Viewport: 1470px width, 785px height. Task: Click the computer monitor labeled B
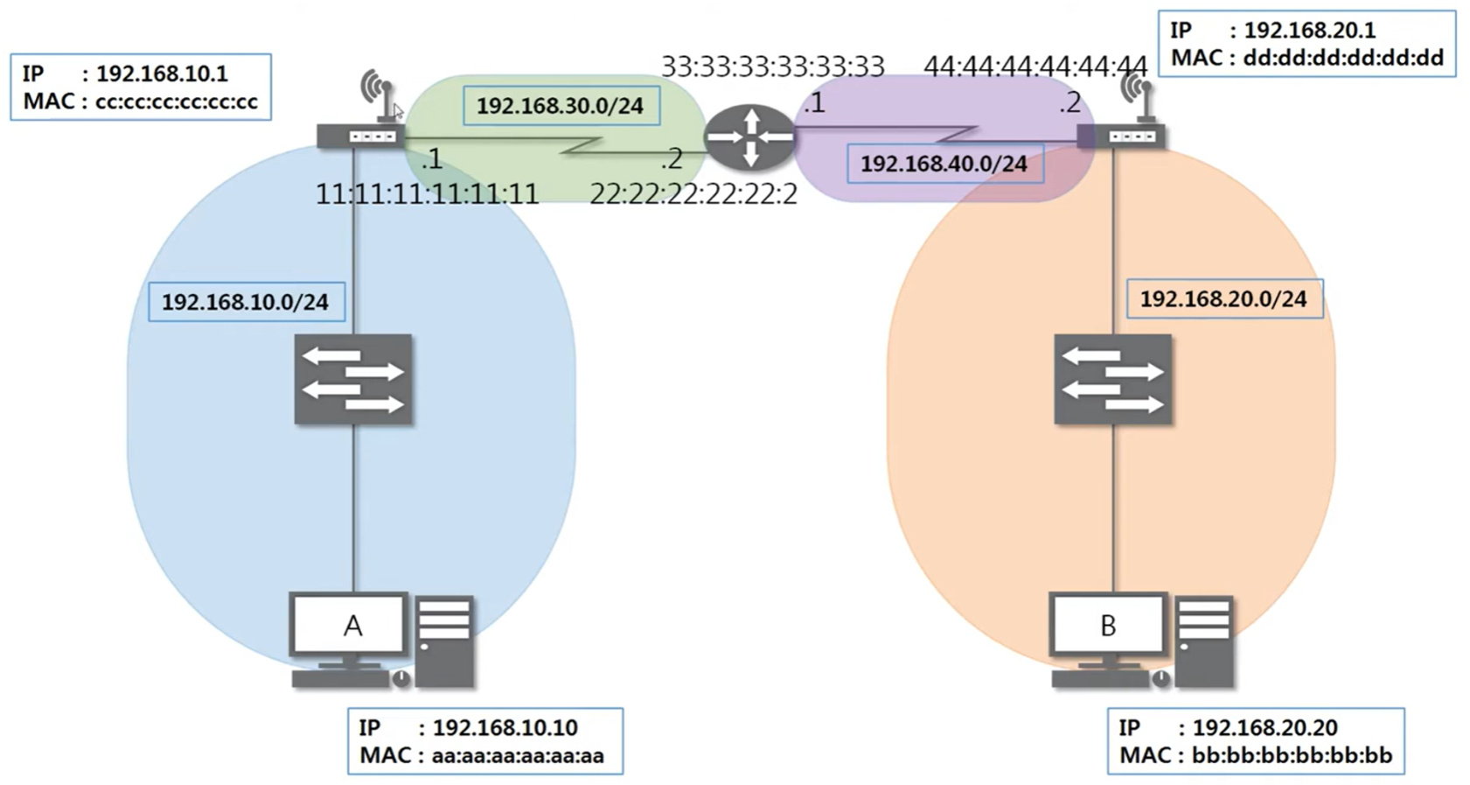[1108, 625]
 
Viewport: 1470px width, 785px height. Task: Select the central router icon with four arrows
[749, 137]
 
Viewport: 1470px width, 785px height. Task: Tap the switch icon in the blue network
[353, 379]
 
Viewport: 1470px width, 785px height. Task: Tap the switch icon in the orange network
[1112, 379]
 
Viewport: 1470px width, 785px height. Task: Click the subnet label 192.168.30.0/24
[561, 106]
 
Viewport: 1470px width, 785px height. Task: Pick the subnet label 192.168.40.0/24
[944, 164]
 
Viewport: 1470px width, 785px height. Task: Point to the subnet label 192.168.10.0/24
[246, 302]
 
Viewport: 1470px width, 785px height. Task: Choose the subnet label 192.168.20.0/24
[1223, 299]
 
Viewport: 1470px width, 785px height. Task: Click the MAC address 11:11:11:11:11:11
[427, 193]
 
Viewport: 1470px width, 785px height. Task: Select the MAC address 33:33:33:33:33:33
[773, 67]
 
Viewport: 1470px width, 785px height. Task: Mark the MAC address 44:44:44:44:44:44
[1035, 67]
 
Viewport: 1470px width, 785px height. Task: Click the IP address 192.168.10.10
[505, 727]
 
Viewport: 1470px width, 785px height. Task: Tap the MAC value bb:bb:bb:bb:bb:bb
[1292, 755]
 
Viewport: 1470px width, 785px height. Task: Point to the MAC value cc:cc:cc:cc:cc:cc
[177, 102]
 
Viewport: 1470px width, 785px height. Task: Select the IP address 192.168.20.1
[1309, 31]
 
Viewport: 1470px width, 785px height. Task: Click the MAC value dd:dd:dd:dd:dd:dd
[1343, 59]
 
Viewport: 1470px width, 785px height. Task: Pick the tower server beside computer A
[444, 641]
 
